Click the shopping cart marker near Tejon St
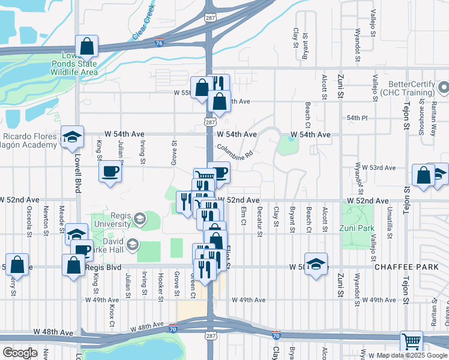411,342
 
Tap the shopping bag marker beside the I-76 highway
86,46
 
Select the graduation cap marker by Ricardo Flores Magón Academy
72,137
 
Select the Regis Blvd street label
104,266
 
